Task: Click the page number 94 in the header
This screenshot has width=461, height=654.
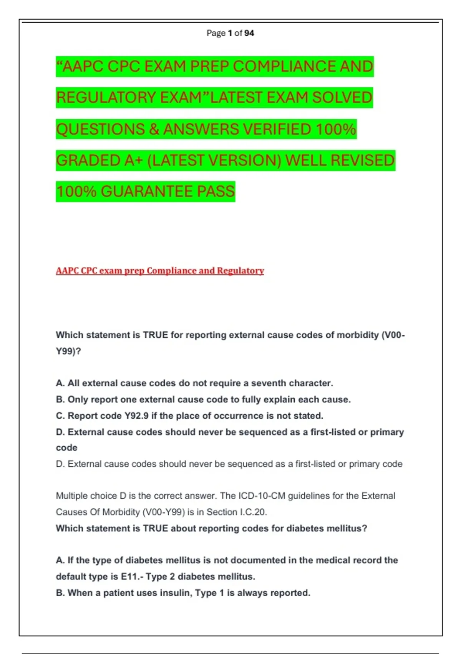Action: click(x=249, y=33)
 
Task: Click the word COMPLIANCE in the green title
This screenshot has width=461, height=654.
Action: click(x=284, y=67)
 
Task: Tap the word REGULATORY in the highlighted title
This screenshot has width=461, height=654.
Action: click(x=106, y=98)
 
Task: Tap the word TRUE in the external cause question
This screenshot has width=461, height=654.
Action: click(x=156, y=335)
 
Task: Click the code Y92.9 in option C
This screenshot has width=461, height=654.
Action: click(x=136, y=416)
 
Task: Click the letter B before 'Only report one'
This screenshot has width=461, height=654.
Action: click(x=60, y=400)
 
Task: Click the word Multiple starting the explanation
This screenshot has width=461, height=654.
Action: click(x=73, y=496)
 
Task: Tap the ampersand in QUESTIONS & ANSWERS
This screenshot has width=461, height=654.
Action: click(x=154, y=129)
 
